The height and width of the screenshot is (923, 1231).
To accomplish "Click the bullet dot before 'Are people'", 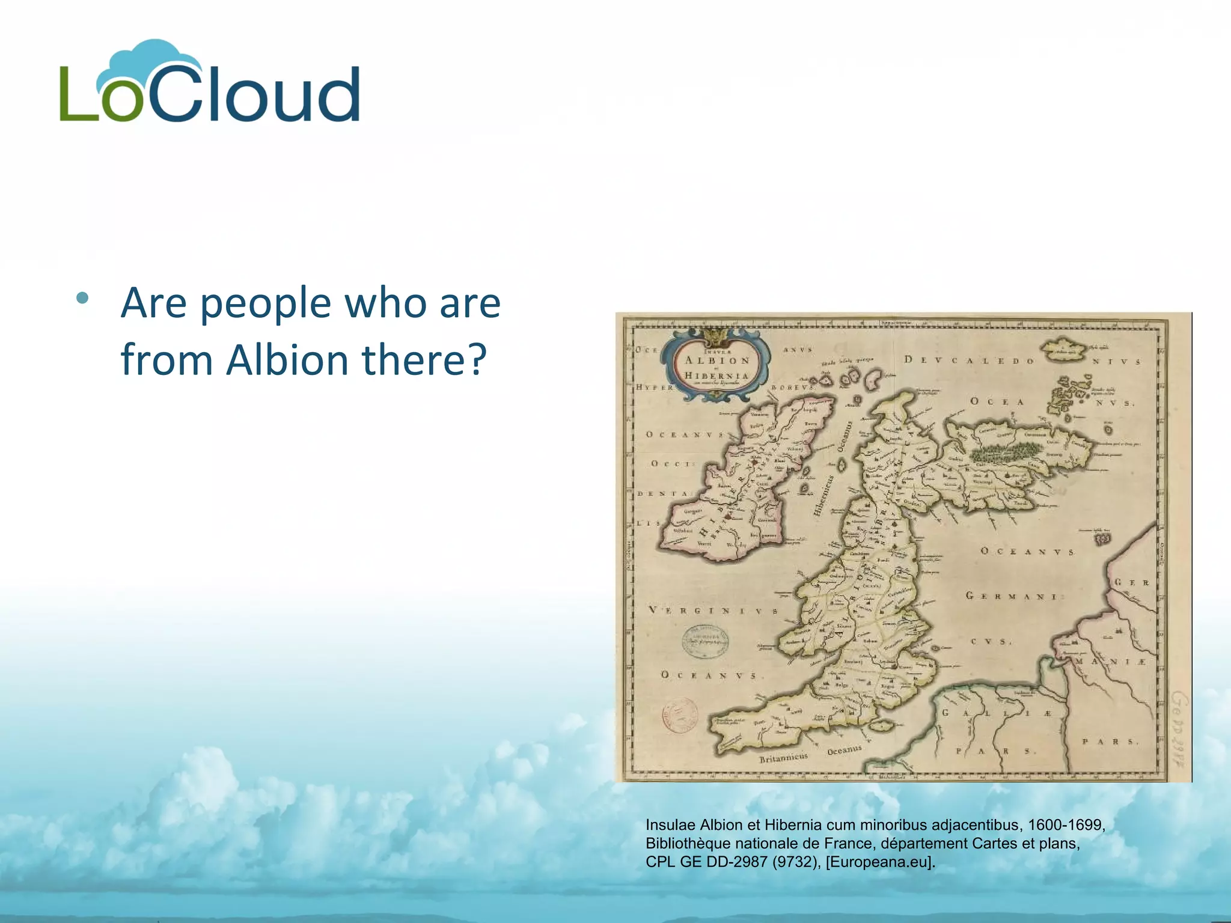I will (x=83, y=298).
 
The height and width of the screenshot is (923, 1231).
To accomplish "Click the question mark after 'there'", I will (x=475, y=361).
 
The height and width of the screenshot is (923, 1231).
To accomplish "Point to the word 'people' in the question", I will (x=265, y=304).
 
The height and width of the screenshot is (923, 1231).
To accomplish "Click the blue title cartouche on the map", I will (x=716, y=367).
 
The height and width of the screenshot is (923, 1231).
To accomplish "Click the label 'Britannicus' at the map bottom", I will (x=783, y=758).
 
